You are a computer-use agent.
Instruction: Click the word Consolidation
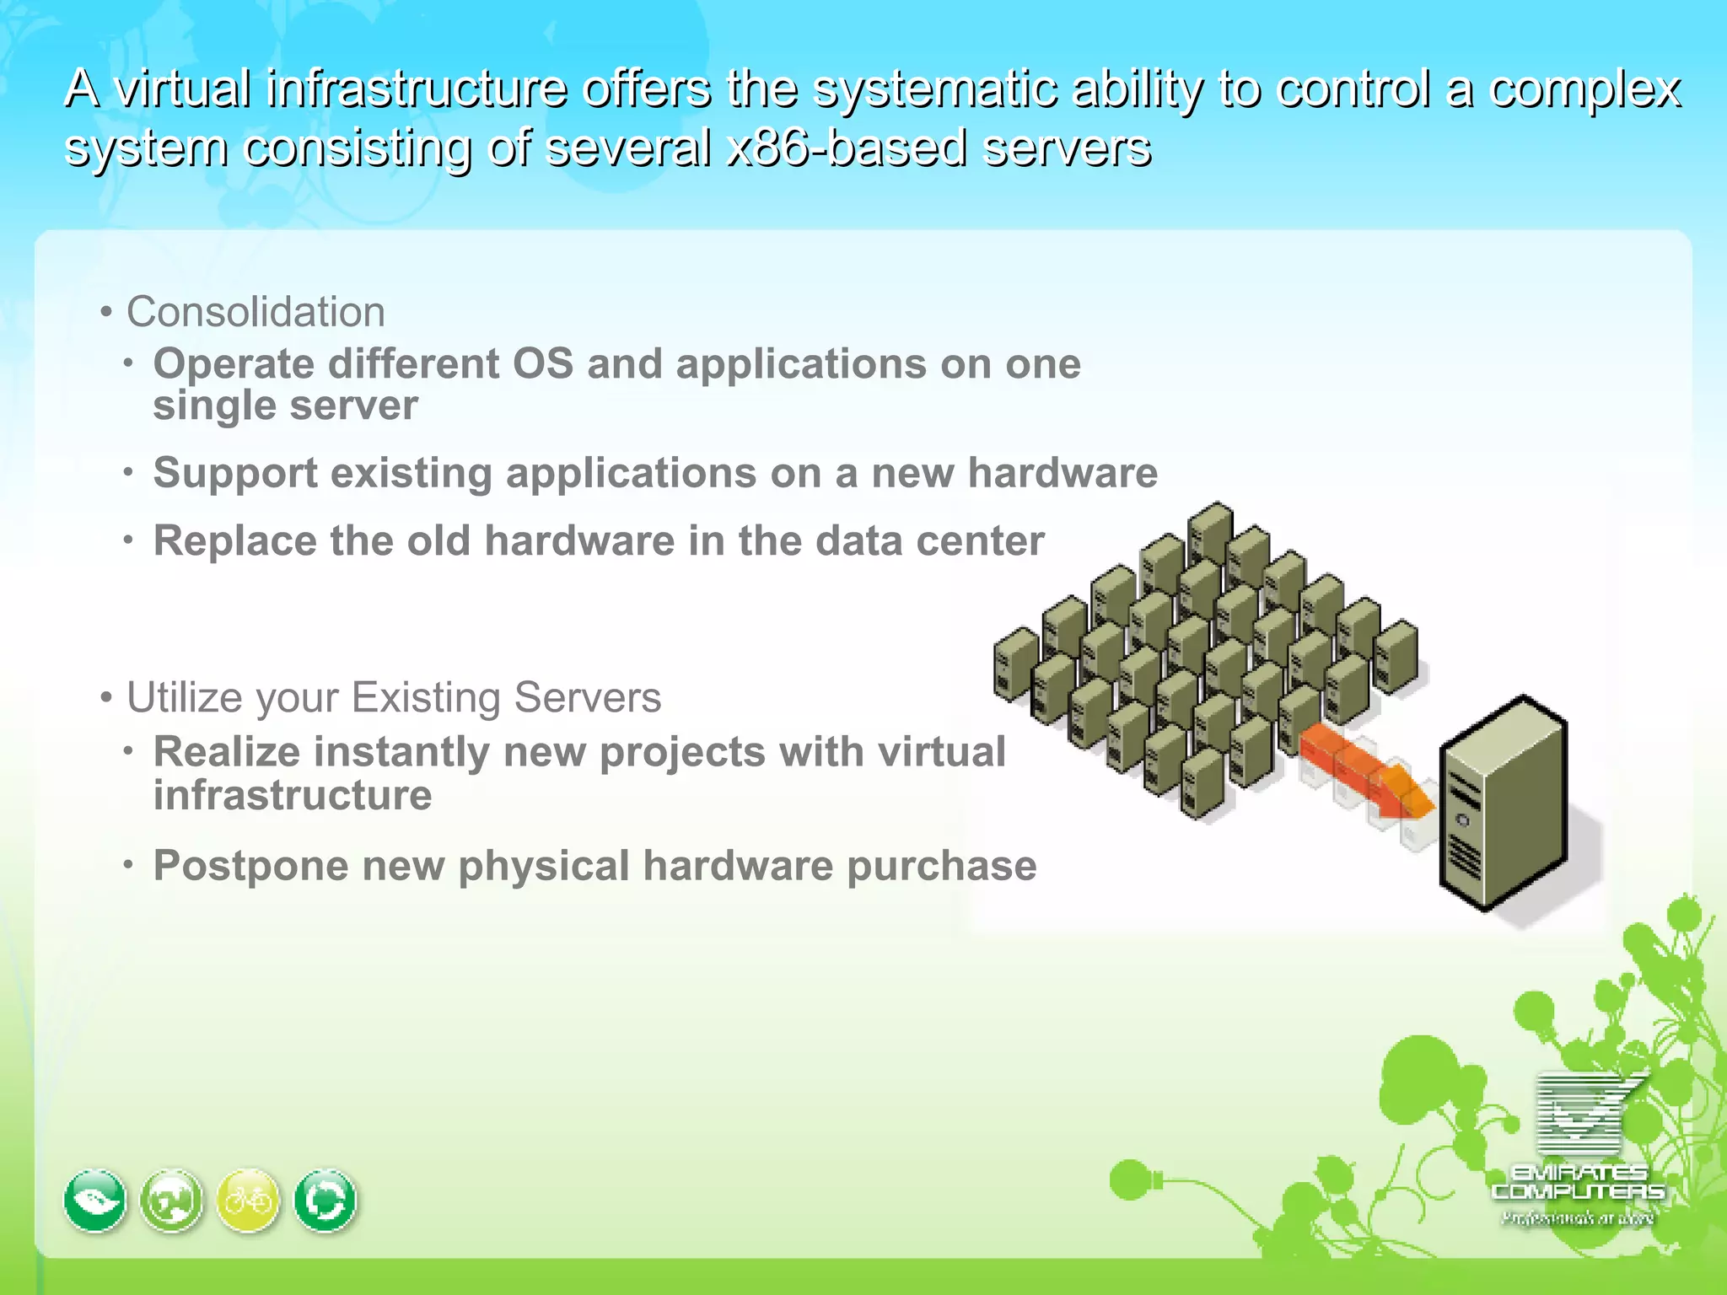[256, 312]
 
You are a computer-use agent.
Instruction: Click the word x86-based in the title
[846, 148]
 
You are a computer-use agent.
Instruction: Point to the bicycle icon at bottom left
[248, 1200]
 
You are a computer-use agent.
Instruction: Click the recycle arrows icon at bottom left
[325, 1201]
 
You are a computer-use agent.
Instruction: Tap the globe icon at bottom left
[172, 1201]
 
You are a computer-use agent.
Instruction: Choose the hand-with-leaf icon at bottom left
[95, 1201]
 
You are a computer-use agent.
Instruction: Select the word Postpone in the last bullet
[250, 866]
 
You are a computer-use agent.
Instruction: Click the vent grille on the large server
[1466, 860]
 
